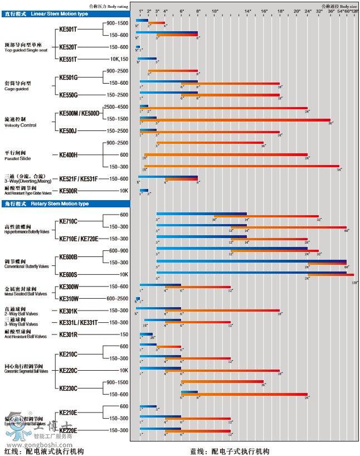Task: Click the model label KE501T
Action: coord(68,30)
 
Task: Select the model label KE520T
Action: coord(68,47)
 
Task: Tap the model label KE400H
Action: coord(68,155)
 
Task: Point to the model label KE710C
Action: coord(68,221)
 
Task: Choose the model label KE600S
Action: coord(68,274)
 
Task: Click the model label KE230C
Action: coord(68,388)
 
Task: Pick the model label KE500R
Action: coord(68,191)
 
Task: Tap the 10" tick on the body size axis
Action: coord(215,11)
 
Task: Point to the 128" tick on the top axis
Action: coord(354,11)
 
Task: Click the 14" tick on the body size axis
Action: coord(247,11)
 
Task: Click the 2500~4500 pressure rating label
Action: coord(116,106)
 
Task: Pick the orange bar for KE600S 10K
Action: coord(330,274)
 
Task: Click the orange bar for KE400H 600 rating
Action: coord(226,155)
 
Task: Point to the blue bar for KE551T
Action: coord(147,59)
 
